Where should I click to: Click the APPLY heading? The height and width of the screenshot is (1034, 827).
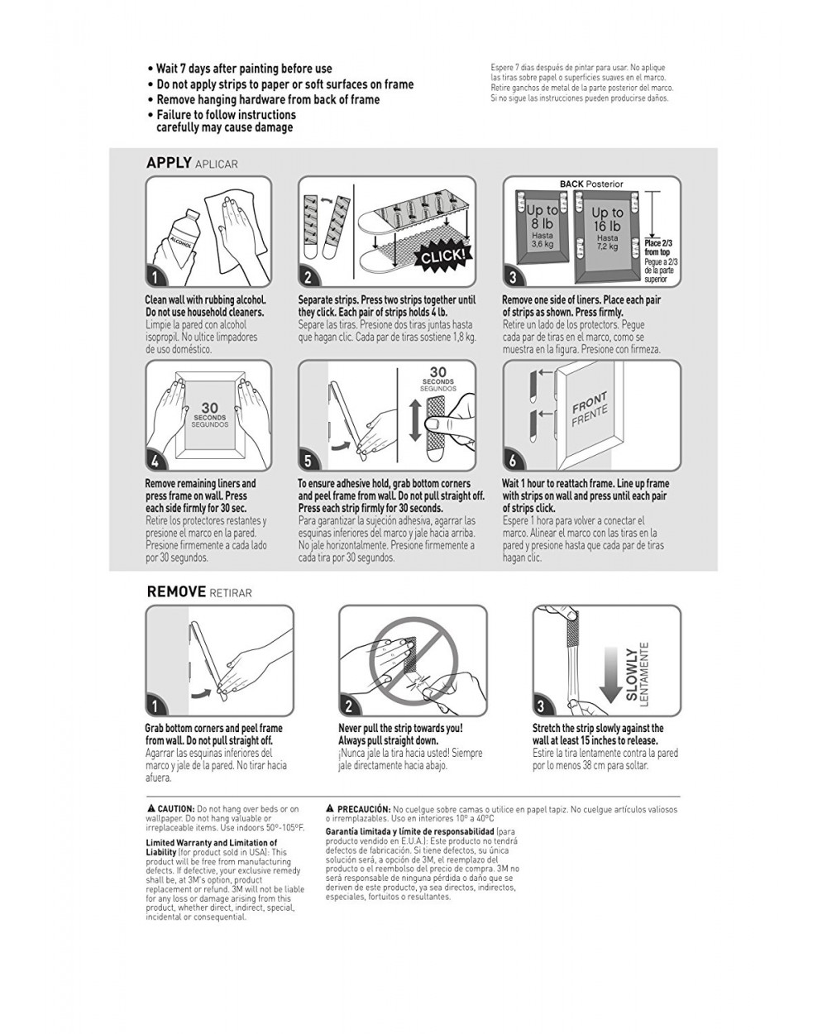click(x=169, y=163)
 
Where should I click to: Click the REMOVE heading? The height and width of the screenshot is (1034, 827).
click(x=176, y=592)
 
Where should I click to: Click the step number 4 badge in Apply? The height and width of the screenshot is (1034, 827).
click(x=155, y=462)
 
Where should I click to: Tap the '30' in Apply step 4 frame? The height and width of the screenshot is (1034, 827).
click(x=210, y=408)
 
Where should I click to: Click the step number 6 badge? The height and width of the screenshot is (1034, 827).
click(x=513, y=462)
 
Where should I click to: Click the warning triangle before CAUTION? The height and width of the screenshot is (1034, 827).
click(x=151, y=808)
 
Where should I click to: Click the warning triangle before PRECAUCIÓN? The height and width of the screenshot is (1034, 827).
click(x=330, y=808)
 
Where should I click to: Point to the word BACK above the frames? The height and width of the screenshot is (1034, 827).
click(x=571, y=184)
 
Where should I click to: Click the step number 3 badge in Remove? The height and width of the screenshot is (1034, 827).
click(x=542, y=706)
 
